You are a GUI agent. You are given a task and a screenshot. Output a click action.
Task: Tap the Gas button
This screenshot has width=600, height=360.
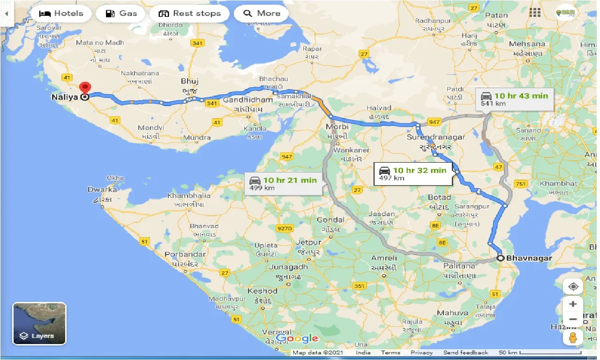(121, 13)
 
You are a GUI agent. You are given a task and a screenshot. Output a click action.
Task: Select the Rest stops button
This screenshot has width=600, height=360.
(190, 13)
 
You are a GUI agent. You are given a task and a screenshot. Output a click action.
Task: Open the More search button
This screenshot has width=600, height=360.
(262, 13)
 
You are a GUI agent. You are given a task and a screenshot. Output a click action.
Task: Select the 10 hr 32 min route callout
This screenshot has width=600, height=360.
(414, 173)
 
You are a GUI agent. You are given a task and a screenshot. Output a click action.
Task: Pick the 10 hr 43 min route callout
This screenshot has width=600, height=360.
(515, 99)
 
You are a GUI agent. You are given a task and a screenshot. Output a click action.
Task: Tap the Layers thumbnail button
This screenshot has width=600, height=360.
(39, 323)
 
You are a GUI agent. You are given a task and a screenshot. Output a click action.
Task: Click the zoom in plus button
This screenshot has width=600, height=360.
(573, 304)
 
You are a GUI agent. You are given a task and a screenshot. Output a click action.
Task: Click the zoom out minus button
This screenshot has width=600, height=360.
(573, 320)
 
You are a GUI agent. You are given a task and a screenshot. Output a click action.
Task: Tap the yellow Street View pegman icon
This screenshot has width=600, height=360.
(573, 337)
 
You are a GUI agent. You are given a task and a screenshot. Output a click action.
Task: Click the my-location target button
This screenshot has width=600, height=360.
(573, 286)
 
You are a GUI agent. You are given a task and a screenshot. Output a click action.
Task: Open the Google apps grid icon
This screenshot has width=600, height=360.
(535, 13)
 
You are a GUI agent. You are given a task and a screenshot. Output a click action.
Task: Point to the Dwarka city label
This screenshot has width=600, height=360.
(102, 190)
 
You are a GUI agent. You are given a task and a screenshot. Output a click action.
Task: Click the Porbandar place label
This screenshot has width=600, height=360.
(185, 255)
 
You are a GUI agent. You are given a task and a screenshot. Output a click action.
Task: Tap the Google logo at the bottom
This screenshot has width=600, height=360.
(297, 338)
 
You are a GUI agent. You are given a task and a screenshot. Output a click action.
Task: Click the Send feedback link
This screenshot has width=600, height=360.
(465, 352)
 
